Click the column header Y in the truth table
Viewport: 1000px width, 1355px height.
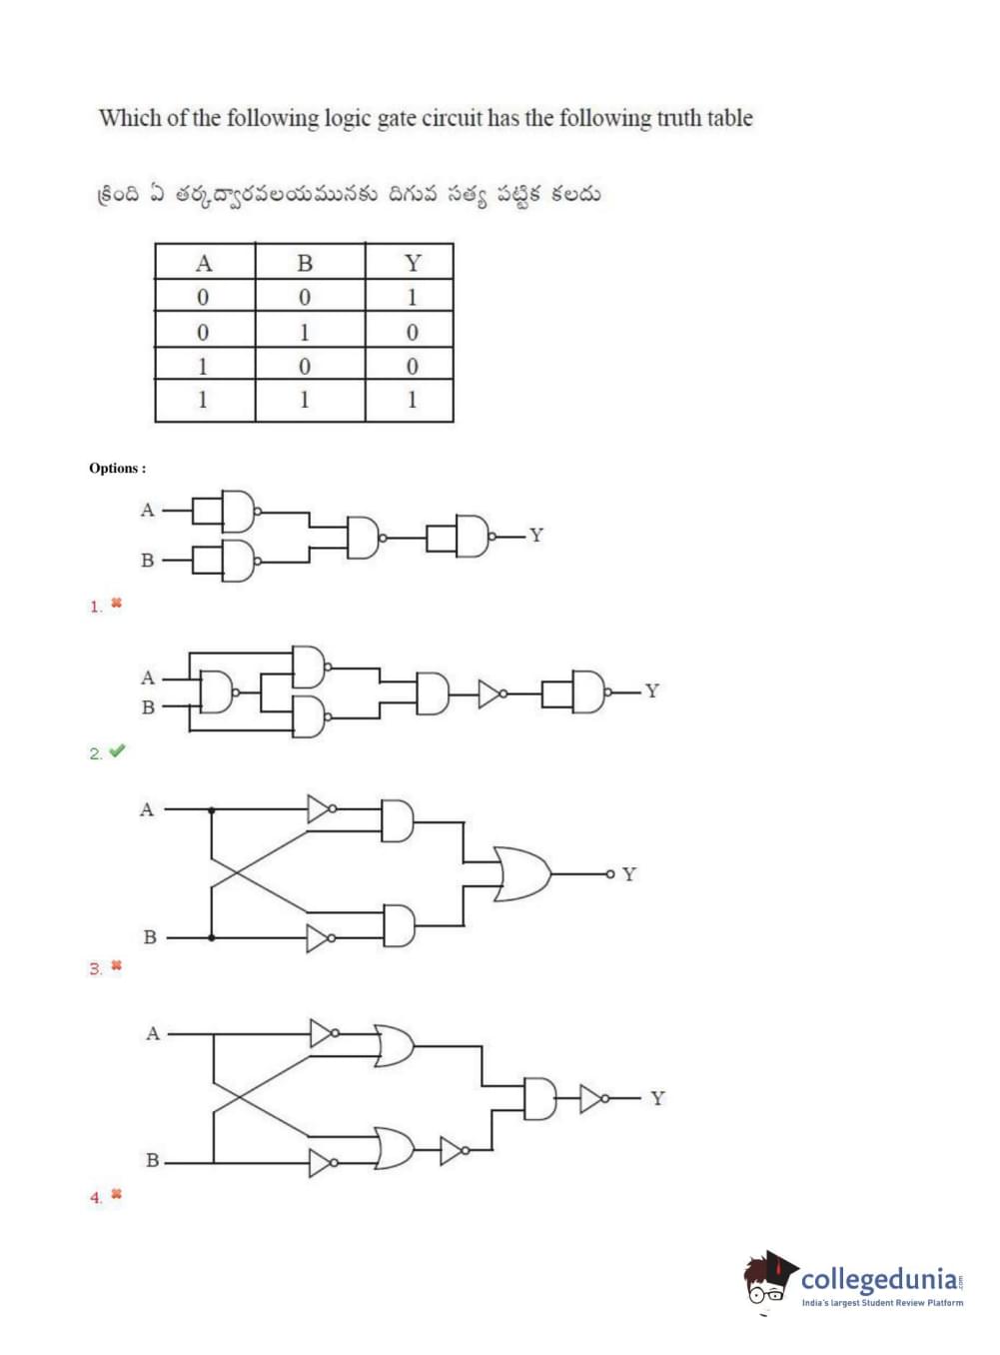[412, 263]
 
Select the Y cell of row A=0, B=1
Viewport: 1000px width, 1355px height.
[412, 332]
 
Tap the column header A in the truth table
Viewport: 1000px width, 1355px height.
[204, 263]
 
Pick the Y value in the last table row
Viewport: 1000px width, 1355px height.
[412, 400]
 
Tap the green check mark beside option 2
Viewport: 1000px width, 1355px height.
[117, 750]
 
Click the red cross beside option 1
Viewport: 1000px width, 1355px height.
[116, 604]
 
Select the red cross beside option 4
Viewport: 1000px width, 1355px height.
[116, 1194]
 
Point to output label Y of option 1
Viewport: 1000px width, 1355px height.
[536, 536]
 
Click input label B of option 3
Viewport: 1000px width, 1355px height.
[150, 937]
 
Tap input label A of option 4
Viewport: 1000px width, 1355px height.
[153, 1033]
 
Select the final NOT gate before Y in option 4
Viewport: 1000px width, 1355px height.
[592, 1099]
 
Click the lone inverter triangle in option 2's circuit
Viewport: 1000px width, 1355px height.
[491, 693]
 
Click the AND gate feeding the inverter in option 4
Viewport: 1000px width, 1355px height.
[539, 1099]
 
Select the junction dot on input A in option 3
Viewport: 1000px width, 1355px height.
[211, 809]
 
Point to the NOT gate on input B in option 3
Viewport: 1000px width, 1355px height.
[319, 938]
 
